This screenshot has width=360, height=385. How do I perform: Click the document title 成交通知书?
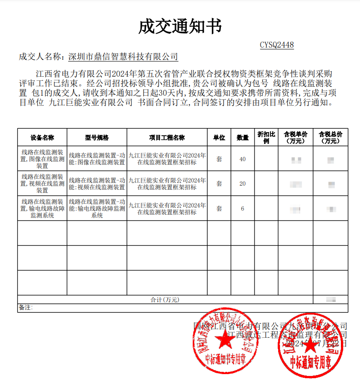pos(180,27)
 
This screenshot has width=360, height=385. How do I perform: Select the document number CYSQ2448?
pos(276,45)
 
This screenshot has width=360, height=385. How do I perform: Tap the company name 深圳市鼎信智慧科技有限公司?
pos(123,57)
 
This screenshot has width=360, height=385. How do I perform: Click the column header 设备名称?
pos(42,138)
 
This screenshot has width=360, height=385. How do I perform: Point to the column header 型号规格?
pos(97,138)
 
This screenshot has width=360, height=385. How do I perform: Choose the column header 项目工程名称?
pos(167,138)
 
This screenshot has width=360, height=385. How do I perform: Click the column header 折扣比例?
pos(266,138)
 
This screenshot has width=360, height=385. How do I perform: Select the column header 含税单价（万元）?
pos(295,138)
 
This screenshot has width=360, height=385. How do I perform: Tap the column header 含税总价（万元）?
pos(330,138)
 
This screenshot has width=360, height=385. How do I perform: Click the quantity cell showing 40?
pos(242,159)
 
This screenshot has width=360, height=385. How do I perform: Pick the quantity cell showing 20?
pos(242,183)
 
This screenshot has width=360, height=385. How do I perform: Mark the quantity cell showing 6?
pos(242,208)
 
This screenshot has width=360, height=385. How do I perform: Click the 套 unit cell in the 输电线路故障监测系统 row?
pos(219,208)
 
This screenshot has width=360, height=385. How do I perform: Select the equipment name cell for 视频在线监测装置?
pos(42,183)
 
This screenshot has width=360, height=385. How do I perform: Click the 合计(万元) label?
pos(165,300)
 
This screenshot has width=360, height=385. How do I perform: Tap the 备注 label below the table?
pos(25,308)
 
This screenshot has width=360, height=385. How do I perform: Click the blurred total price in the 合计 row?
pos(331,300)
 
